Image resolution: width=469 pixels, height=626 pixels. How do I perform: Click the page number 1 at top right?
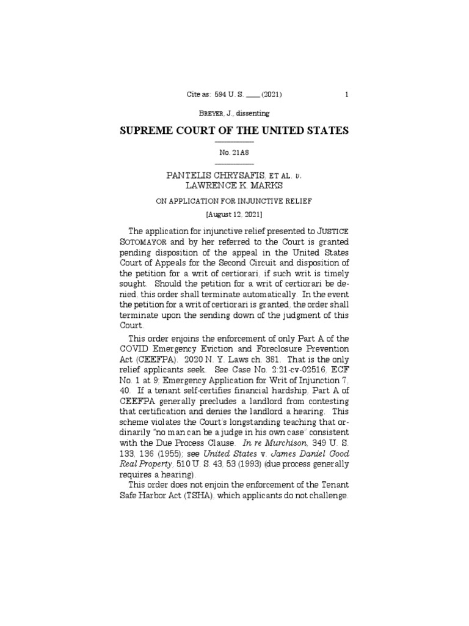pos(346,95)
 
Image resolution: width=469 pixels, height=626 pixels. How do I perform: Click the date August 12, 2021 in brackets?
pos(234,216)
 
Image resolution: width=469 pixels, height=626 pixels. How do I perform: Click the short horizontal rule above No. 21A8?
pos(234,142)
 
